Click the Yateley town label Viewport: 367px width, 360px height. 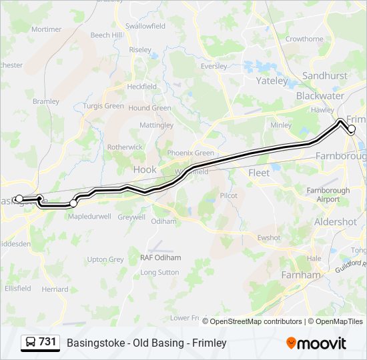click(272, 81)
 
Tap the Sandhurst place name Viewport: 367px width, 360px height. click(325, 76)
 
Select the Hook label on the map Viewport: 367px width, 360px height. click(145, 169)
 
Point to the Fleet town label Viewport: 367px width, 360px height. click(259, 173)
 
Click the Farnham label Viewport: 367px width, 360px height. click(301, 275)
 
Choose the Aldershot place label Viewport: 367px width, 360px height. click(335, 222)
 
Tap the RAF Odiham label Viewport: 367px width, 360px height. click(159, 258)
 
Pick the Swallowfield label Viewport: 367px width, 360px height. click(145, 26)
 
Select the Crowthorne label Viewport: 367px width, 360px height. click(304, 39)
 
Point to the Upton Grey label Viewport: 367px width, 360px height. click(105, 259)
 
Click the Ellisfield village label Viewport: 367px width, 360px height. click(17, 289)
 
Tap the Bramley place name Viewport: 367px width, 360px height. click(46, 101)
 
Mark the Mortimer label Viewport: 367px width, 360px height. click(46, 29)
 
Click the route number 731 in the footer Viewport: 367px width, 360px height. click(47, 342)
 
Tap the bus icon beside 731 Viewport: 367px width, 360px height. click(31, 343)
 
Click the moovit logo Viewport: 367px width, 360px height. click(316, 343)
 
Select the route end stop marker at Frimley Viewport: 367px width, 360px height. click(352, 129)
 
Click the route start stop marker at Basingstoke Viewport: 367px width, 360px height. click(19, 199)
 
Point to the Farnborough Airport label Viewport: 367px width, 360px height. click(328, 195)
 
